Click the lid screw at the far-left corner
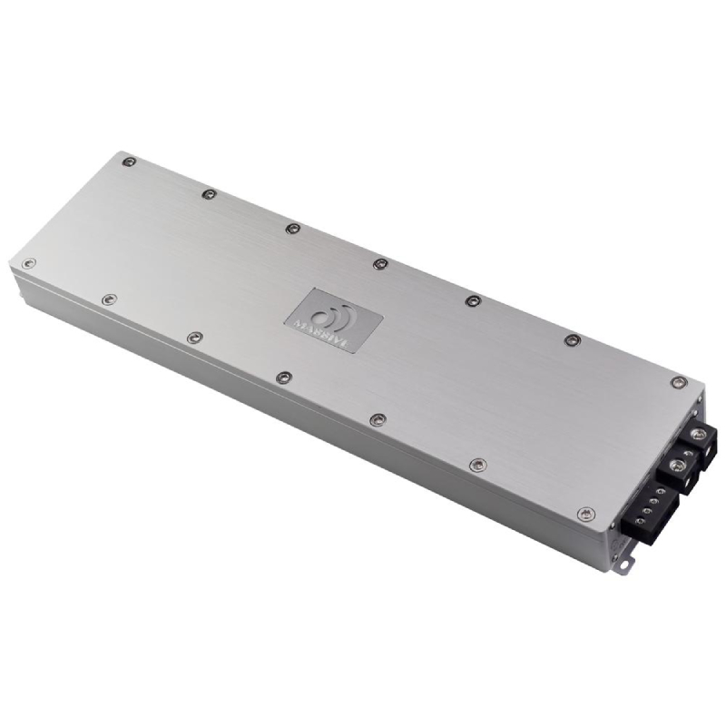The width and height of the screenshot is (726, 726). click(29, 263)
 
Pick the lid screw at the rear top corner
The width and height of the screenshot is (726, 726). click(129, 162)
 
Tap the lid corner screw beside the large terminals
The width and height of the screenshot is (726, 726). click(677, 382)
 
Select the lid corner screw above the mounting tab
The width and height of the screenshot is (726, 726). click(586, 515)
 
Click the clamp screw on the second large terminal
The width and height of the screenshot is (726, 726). click(676, 465)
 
